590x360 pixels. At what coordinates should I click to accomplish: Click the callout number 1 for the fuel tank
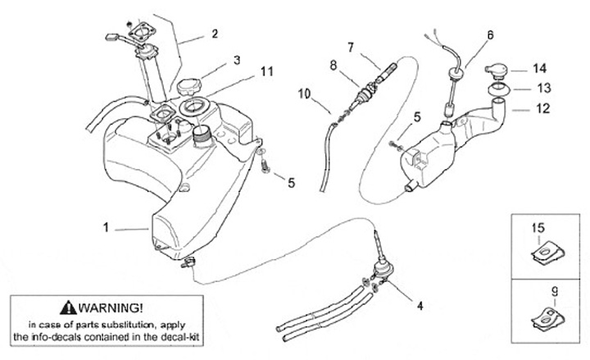(x=106, y=227)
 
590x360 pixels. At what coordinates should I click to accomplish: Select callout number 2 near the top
(x=215, y=34)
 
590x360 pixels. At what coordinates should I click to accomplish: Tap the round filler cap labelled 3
(x=189, y=87)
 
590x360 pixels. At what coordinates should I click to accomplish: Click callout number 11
(x=267, y=71)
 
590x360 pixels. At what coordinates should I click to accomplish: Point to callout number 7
(x=351, y=48)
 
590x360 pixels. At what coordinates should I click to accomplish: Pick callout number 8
(x=334, y=65)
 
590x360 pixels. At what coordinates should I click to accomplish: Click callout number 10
(x=304, y=93)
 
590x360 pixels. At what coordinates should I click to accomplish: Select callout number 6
(x=490, y=34)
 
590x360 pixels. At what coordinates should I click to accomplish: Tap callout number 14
(x=539, y=68)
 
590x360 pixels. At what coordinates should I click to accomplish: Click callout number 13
(x=544, y=88)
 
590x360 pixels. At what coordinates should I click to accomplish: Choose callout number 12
(x=542, y=108)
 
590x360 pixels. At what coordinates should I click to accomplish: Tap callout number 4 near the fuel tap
(x=420, y=305)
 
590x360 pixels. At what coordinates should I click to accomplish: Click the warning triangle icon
(x=68, y=308)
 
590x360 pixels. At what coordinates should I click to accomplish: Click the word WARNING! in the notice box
(x=111, y=308)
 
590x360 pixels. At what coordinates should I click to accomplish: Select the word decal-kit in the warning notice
(x=180, y=336)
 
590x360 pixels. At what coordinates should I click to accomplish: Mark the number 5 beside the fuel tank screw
(x=291, y=183)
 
